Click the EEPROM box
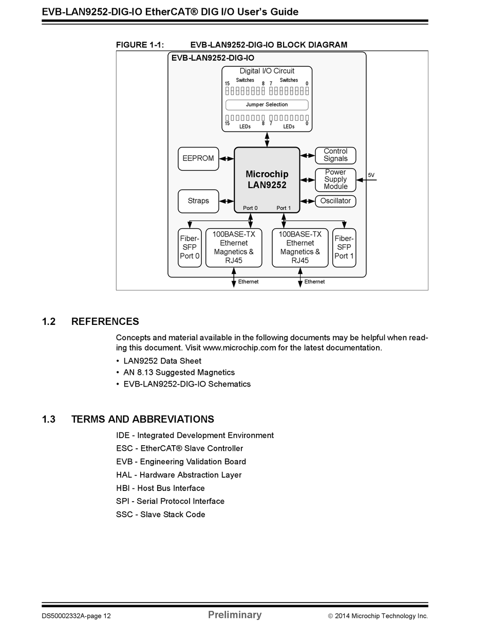coord(198,159)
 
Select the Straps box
coord(198,201)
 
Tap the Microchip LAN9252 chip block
coord(267,179)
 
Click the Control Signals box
coord(335,155)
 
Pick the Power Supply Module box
coord(335,179)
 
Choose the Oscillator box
coord(335,201)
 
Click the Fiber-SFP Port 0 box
coord(190,247)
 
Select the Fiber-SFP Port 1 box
coord(344,247)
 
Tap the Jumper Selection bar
coord(267,105)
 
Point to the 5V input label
coord(371,175)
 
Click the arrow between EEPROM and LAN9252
coord(227,159)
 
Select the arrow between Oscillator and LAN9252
coord(307,201)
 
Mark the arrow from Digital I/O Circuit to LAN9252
coord(267,139)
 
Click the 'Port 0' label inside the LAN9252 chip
coord(250,208)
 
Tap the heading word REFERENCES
coord(105,322)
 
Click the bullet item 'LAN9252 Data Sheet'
coord(162,361)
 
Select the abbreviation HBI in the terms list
coord(123,488)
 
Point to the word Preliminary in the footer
coord(235,615)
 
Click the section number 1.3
coord(49,420)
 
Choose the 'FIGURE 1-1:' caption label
coord(140,45)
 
